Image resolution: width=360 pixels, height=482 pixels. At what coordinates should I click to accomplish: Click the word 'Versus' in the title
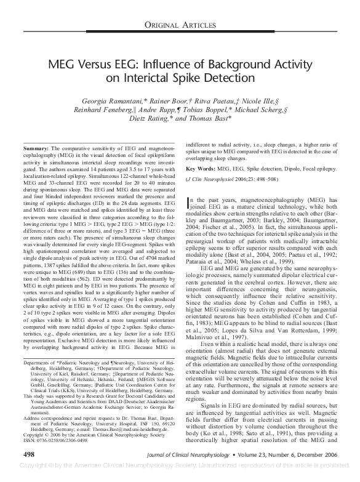coord(106,66)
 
